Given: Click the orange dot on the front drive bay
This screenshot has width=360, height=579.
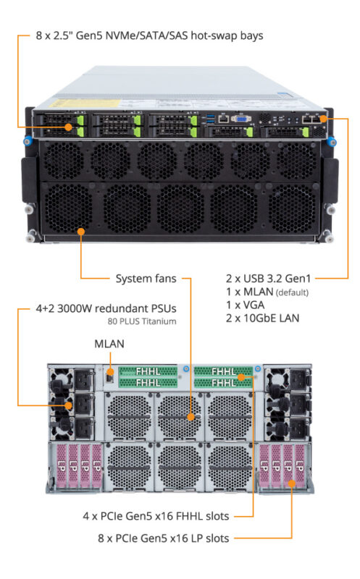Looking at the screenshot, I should pyautogui.click(x=70, y=127).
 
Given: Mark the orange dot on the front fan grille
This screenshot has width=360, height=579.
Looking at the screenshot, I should pyautogui.click(x=81, y=232).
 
